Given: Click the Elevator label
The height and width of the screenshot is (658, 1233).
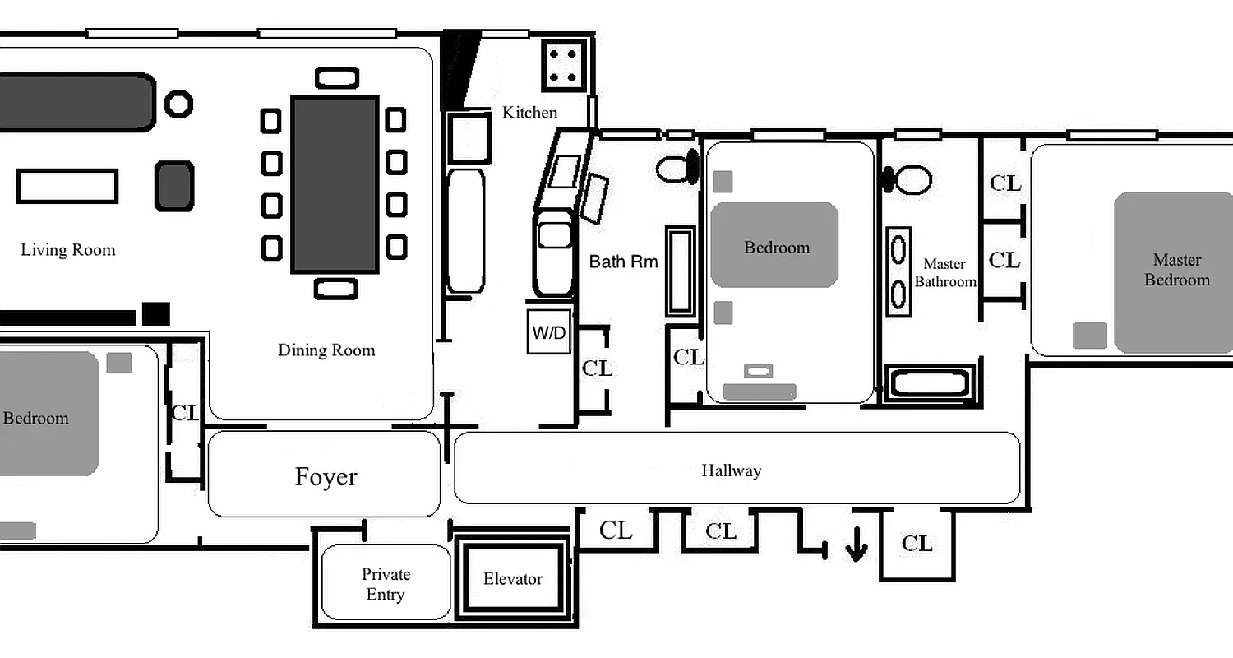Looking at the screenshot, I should tap(512, 579).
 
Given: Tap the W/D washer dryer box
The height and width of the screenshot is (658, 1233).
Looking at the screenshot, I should tap(548, 332).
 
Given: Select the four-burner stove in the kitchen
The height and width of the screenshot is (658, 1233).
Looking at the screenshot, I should tap(563, 65).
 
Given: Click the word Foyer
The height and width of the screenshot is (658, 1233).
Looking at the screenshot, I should tap(326, 477).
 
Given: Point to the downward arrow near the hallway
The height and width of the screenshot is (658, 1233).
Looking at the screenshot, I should tap(856, 545).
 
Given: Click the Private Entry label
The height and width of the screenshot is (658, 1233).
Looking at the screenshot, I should tap(385, 584).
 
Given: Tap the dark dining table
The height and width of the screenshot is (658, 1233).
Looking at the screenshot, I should tap(335, 184).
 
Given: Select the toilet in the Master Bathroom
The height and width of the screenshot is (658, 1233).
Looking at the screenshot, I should tap(909, 178).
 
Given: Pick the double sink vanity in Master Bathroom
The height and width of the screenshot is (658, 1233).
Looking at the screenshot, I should tap(900, 271).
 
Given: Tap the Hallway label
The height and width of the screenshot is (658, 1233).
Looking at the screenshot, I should tap(731, 470).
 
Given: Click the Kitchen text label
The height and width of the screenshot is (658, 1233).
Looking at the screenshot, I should tap(529, 113).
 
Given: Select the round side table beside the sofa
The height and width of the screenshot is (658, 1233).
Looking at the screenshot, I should tap(178, 104).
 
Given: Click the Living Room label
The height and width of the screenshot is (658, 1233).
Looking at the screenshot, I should tap(68, 250).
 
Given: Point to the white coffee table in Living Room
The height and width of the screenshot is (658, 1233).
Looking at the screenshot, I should tap(67, 186).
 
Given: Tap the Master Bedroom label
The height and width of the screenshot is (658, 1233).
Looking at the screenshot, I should tap(1177, 270).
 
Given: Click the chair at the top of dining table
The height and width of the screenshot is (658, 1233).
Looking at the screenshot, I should tap(337, 78).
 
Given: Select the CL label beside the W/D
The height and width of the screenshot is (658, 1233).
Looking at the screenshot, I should tap(597, 368).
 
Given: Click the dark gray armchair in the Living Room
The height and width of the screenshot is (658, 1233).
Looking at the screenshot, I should tap(174, 186).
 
